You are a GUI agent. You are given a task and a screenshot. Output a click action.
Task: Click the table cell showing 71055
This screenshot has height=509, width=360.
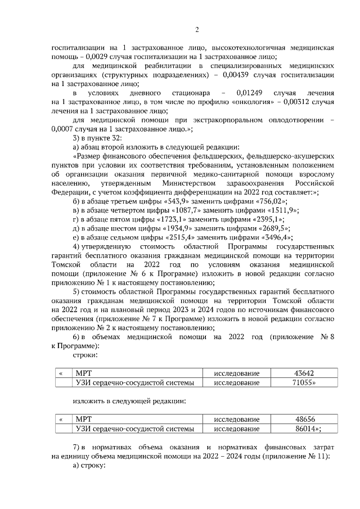pos(304,382)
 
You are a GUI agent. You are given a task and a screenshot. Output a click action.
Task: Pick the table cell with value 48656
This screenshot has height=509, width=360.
pos(304,419)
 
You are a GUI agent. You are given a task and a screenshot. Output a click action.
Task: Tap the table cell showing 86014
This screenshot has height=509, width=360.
pos(304,429)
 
